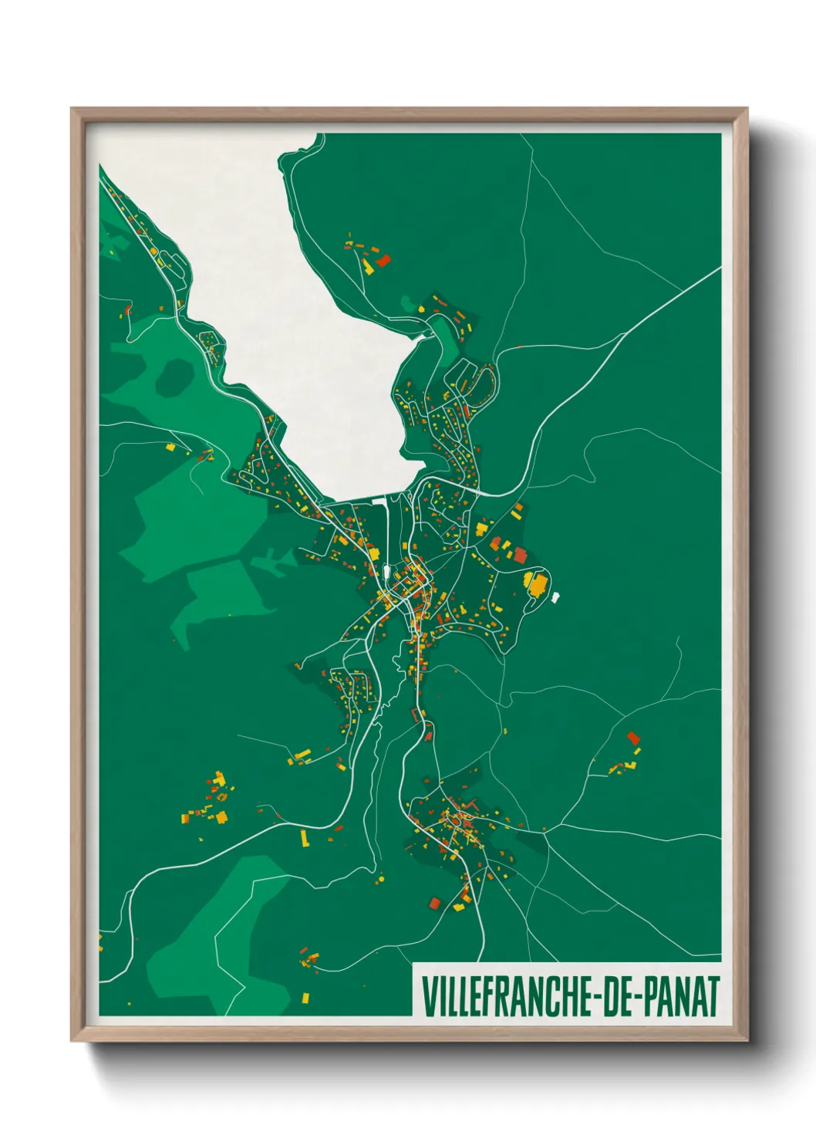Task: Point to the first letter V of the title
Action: pos(428,996)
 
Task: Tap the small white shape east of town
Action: pos(555,596)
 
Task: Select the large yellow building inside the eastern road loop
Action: pos(535,583)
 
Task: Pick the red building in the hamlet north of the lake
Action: pos(383,260)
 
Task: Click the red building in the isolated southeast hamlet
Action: pos(633,738)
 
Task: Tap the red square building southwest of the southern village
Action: pos(433,903)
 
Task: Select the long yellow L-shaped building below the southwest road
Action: pos(304,837)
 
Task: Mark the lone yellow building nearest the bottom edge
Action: pos(305,998)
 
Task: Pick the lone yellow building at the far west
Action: pos(170,446)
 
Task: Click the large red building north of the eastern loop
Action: pos(520,555)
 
